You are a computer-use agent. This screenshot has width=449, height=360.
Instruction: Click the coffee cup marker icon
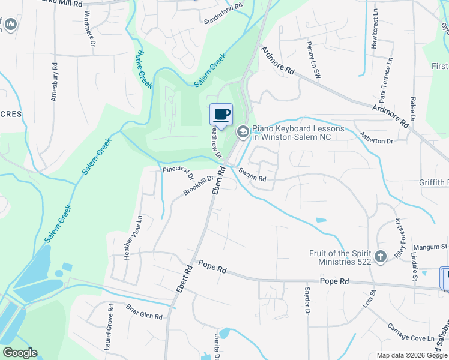click(x=221, y=115)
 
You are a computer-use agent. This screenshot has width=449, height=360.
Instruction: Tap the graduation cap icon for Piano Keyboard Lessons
click(x=243, y=131)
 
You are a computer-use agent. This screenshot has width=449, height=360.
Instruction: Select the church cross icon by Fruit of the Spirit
click(x=379, y=257)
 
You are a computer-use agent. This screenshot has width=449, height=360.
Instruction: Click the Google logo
click(x=20, y=353)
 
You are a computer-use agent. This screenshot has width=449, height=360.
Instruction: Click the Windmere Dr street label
click(x=90, y=28)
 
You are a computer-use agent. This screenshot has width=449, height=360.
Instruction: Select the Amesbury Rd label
click(x=55, y=82)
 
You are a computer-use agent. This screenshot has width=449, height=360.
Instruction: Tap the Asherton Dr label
click(x=376, y=137)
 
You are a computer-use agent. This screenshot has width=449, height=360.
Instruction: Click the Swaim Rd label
click(x=252, y=175)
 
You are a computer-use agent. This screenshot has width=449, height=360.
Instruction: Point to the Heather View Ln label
click(x=133, y=237)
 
